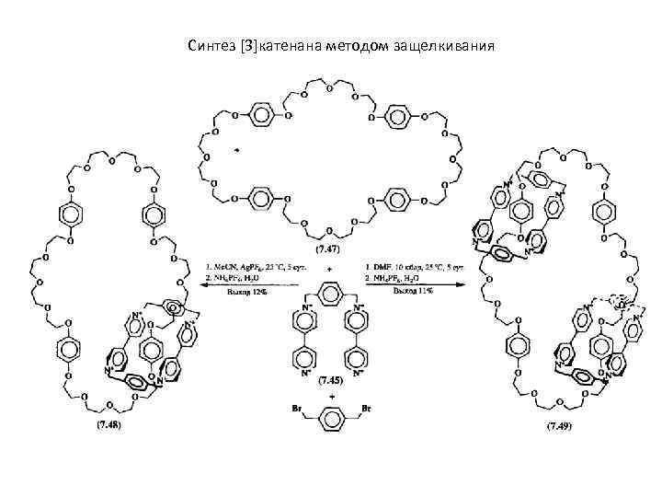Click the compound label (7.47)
click(x=327, y=248)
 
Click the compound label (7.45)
click(x=328, y=379)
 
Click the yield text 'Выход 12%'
click(x=240, y=292)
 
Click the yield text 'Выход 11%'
click(x=411, y=292)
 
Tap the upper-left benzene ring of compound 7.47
click(x=261, y=117)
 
